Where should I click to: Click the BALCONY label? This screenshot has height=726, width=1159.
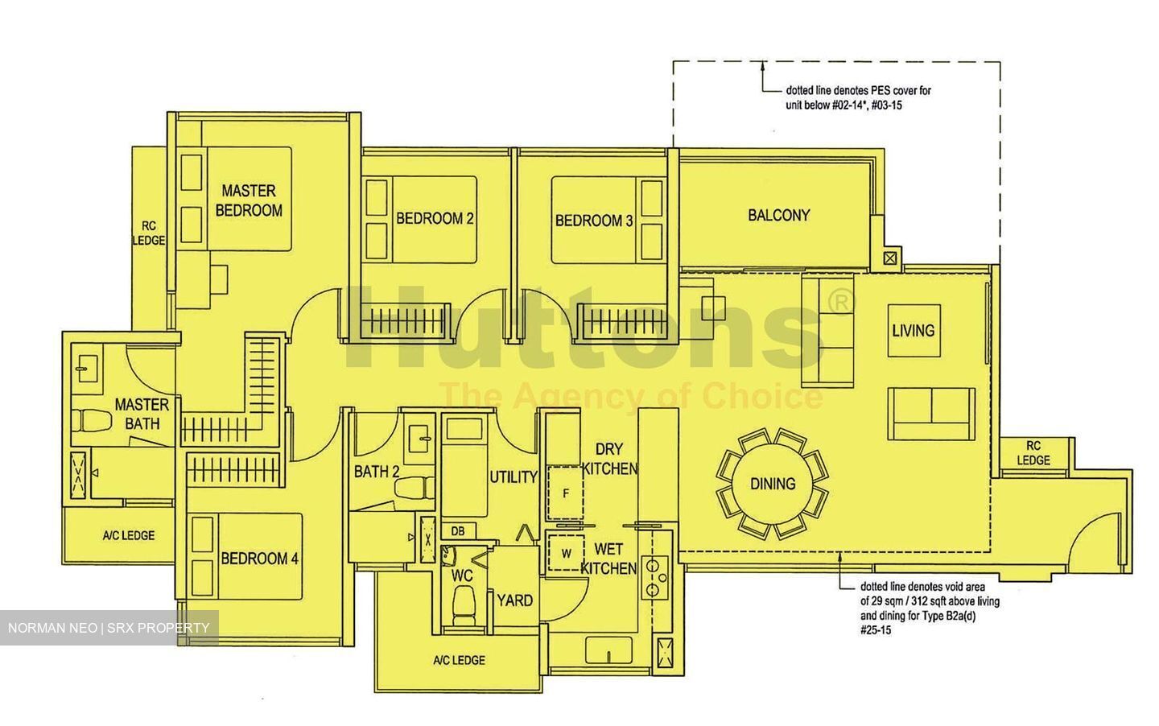778,215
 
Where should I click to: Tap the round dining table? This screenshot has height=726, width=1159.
773,484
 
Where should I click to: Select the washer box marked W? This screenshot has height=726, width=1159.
566,553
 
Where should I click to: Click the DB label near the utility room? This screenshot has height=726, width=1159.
457,531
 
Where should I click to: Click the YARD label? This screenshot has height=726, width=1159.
514,600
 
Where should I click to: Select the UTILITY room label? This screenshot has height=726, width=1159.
514,476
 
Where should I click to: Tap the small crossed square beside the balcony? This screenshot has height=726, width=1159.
889,258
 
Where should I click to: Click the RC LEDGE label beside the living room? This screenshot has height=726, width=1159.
1033,453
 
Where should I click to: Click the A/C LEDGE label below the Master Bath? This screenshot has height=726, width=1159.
128,535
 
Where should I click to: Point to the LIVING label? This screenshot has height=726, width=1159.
913,330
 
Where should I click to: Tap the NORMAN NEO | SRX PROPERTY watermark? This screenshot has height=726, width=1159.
109,628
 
